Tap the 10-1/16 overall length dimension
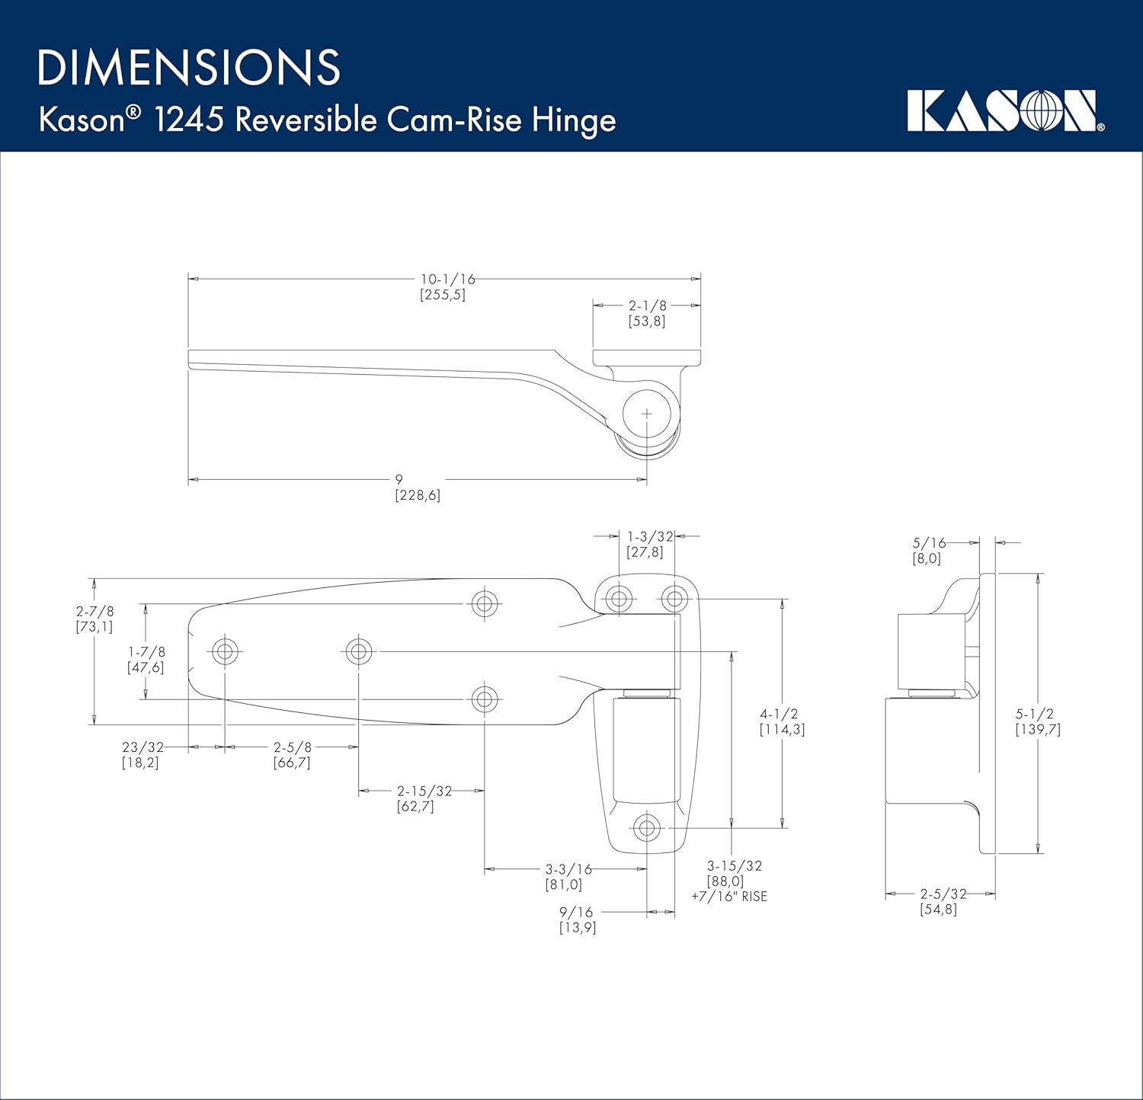tap(447, 280)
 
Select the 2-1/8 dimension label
tap(647, 305)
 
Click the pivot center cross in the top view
tap(647, 414)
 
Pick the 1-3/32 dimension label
tap(650, 537)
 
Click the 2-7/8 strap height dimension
tap(94, 611)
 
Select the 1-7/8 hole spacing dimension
tap(146, 652)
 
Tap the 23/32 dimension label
tap(142, 747)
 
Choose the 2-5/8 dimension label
tap(293, 747)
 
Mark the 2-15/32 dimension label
tap(424, 791)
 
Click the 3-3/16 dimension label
tap(568, 869)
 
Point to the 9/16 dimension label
tap(576, 912)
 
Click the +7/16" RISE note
tap(729, 897)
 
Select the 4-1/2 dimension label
tap(779, 714)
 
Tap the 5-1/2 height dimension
tap(1035, 714)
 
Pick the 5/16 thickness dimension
tap(929, 543)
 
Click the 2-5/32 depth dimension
tap(943, 894)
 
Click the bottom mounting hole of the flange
tap(647, 827)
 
